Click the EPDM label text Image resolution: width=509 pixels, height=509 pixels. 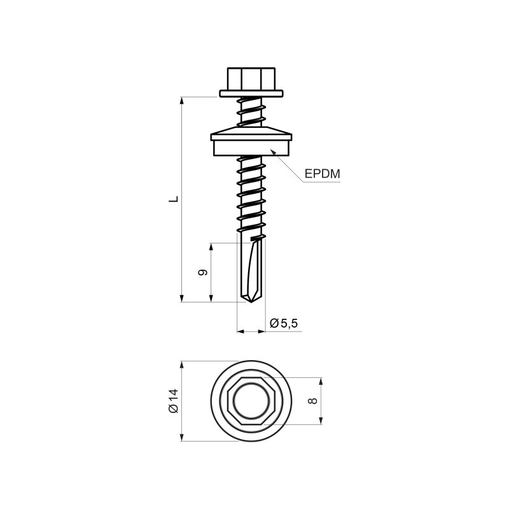[x=322, y=174]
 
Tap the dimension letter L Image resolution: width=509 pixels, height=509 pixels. [x=174, y=199]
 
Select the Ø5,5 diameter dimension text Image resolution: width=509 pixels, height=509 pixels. [x=284, y=323]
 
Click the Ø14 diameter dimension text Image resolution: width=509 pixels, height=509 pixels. [x=174, y=401]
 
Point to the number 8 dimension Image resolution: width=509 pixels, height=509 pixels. [x=312, y=401]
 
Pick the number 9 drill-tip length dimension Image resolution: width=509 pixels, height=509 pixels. [x=203, y=272]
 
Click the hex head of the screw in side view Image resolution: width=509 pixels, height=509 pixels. [x=251, y=79]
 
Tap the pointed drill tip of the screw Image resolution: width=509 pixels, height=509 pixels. [x=251, y=301]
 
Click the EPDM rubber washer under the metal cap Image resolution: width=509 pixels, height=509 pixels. [x=251, y=148]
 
